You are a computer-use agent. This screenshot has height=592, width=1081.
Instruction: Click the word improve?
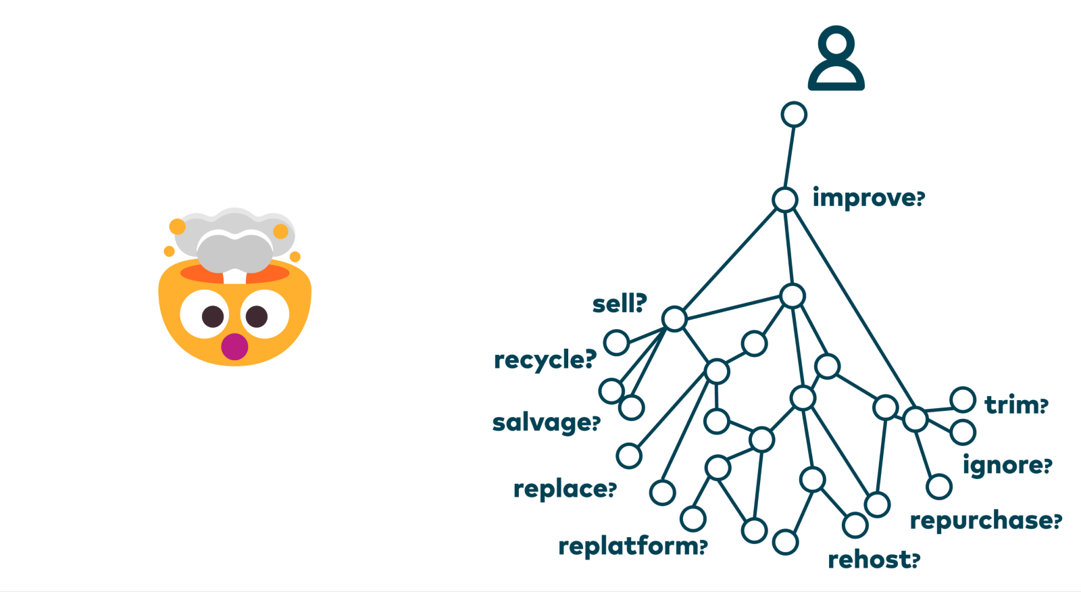point(868,198)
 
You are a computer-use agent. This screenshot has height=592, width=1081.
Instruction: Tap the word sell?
point(620,304)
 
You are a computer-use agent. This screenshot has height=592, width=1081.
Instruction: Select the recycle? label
point(545,360)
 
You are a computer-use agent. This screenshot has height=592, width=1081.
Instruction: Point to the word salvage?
point(546,423)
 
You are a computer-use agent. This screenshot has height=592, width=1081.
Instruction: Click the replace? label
point(565,489)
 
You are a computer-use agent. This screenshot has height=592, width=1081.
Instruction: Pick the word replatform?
point(632,546)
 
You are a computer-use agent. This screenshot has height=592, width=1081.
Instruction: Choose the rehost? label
point(874,560)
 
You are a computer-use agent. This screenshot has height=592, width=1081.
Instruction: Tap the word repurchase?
point(986,520)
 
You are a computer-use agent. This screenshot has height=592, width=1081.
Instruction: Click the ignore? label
point(1007,465)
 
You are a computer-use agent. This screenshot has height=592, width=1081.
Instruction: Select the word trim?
point(1016,405)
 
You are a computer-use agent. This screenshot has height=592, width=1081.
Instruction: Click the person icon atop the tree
point(836,59)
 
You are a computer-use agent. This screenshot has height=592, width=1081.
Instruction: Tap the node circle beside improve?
point(785,199)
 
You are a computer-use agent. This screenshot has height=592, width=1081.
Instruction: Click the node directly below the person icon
point(794,114)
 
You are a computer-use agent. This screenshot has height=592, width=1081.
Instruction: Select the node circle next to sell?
point(674,318)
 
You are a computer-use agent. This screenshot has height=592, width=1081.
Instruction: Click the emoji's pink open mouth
point(234,346)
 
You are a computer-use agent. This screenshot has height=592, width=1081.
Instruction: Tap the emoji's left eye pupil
point(213,316)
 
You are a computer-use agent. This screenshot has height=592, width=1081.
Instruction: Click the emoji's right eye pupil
point(257,316)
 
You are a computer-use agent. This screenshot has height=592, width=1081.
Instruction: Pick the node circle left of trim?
point(963,400)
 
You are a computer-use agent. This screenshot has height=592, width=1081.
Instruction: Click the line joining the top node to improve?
point(789,157)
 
